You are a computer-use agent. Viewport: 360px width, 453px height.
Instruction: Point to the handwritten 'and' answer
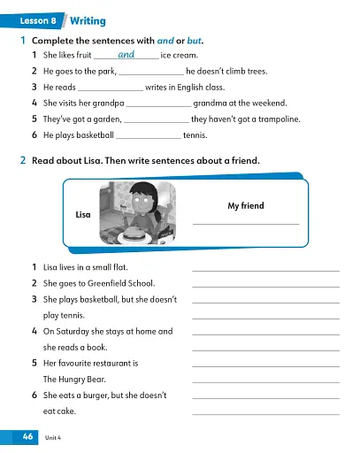tap(126, 55)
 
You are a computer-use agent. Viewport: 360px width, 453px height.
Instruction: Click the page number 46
tap(23, 437)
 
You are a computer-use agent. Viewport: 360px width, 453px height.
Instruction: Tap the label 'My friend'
tap(245, 206)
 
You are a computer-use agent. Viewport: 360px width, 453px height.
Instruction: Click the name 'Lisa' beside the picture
tap(84, 215)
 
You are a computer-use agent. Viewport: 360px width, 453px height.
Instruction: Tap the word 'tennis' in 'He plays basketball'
tap(195, 135)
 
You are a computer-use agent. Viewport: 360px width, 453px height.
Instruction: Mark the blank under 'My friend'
tap(245, 223)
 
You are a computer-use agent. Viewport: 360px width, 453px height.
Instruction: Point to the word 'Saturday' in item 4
tap(72, 331)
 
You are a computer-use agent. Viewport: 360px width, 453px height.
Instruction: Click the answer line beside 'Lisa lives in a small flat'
tap(265, 270)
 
